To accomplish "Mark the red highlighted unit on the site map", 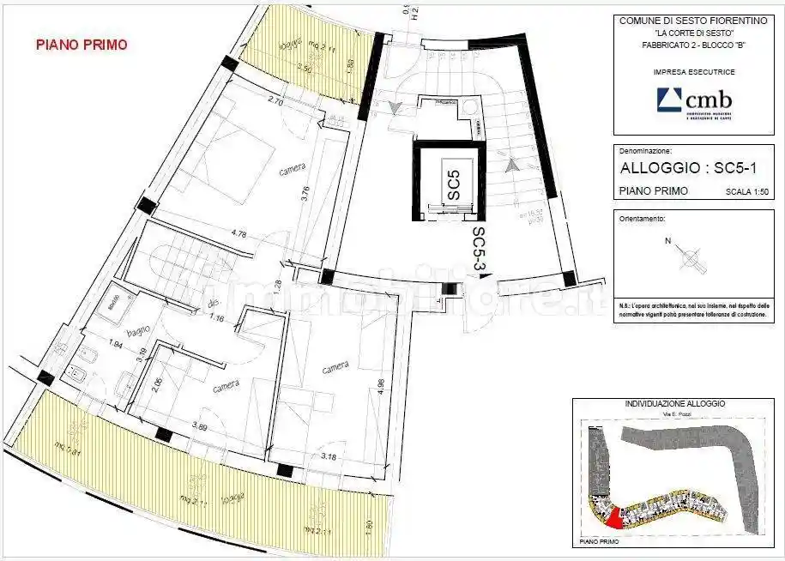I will click(x=613, y=517).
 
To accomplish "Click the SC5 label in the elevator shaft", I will click(x=454, y=185).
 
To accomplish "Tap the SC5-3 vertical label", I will click(x=480, y=250).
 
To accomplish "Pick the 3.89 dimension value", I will click(x=201, y=426).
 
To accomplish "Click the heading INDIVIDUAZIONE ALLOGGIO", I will click(x=675, y=403).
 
